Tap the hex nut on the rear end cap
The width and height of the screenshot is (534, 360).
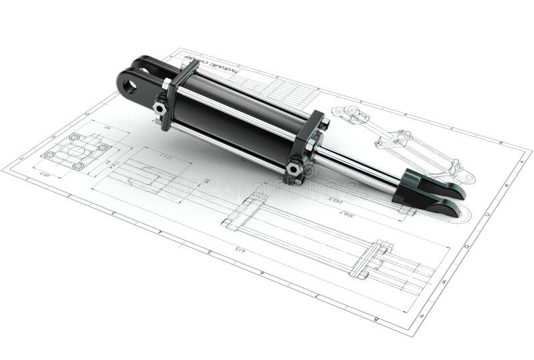(x=160, y=108)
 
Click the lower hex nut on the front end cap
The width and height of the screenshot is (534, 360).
(x=294, y=169)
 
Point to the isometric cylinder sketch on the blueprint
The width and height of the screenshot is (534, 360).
(x=400, y=140)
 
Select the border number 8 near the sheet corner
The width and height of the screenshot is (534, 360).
(x=377, y=319)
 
